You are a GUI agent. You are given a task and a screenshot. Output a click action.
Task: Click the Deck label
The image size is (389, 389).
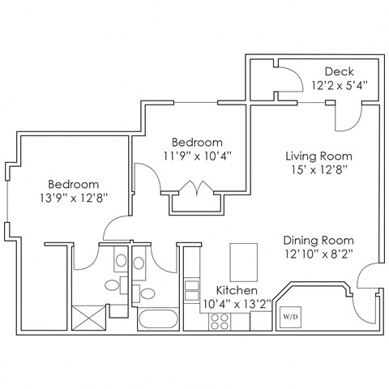[x=338, y=71]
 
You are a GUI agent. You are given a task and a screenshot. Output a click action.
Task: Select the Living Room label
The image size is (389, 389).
[x=318, y=156]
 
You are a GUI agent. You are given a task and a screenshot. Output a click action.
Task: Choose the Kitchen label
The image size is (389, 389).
[x=237, y=290]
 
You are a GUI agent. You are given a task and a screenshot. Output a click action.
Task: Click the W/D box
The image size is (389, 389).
[x=289, y=317]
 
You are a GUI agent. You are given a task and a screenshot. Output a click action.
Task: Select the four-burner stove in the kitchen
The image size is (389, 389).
[x=220, y=320]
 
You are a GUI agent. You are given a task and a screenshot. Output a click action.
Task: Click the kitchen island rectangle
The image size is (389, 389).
[x=243, y=259]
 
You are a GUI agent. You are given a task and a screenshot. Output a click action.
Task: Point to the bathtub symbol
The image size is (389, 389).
[x=157, y=319]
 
